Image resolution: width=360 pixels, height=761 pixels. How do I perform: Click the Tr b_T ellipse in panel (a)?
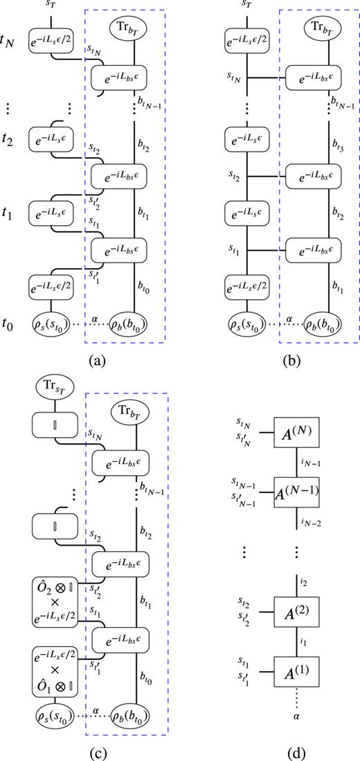click(134, 29)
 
